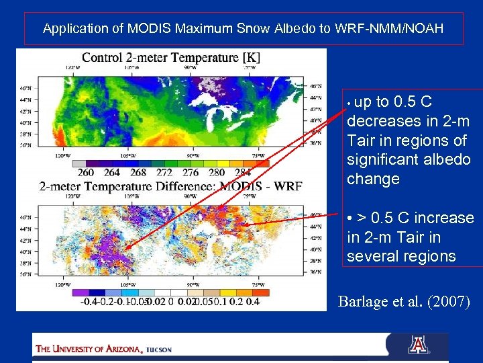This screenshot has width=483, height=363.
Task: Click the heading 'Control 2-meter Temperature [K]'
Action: click(171, 58)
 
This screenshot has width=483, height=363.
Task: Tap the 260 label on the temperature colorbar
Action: click(86, 173)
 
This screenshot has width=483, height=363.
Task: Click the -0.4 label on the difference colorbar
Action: click(89, 301)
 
